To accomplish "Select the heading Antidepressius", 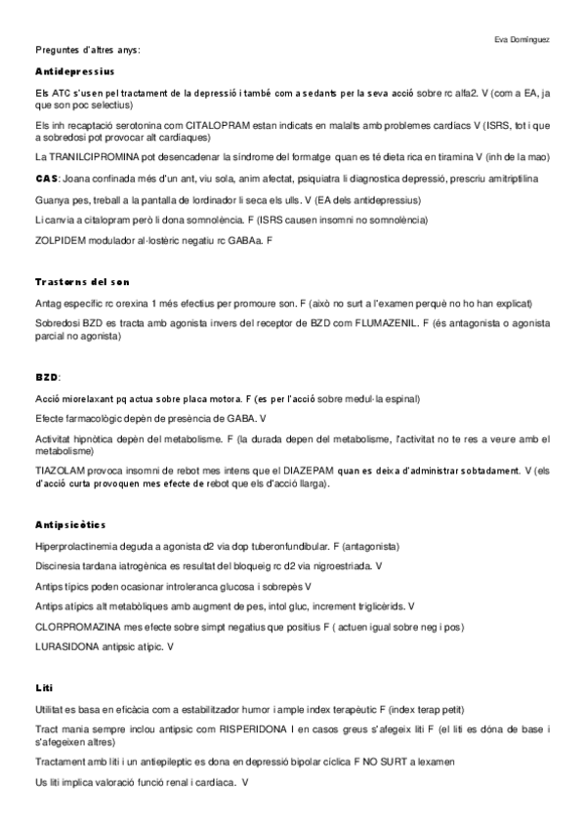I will coord(74,72).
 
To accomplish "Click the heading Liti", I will coord(43,687).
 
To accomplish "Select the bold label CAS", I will coord(46,179).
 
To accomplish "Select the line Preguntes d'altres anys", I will coord(88,49).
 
